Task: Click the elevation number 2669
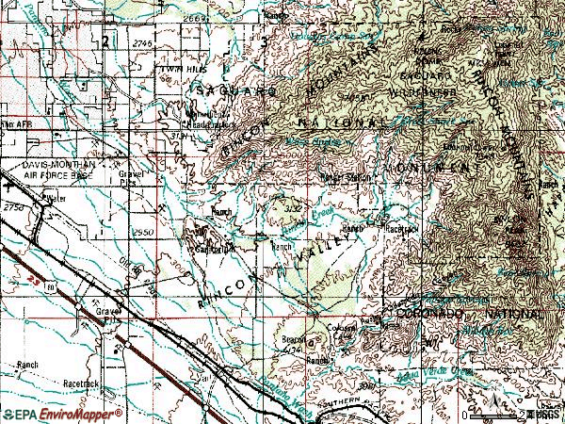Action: (196, 17)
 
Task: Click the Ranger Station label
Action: (344, 176)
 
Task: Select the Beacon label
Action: (295, 339)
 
